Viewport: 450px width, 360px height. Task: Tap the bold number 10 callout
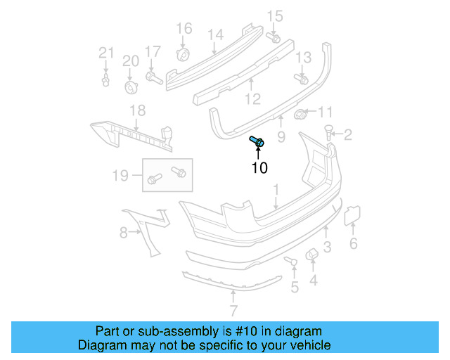[x=259, y=168]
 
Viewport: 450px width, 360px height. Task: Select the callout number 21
[x=105, y=52]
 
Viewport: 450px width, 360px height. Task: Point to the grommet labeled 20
[x=130, y=86]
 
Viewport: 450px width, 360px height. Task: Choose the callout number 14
[x=215, y=34]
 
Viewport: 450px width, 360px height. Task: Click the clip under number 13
[x=304, y=80]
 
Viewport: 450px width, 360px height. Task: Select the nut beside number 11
[x=300, y=114]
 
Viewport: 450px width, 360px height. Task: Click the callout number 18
[x=137, y=110]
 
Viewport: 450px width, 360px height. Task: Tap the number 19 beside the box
[x=121, y=174]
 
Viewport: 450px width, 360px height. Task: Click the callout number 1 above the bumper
[x=276, y=189]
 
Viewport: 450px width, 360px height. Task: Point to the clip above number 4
[x=310, y=255]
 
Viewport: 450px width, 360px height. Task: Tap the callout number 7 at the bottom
[x=233, y=310]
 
